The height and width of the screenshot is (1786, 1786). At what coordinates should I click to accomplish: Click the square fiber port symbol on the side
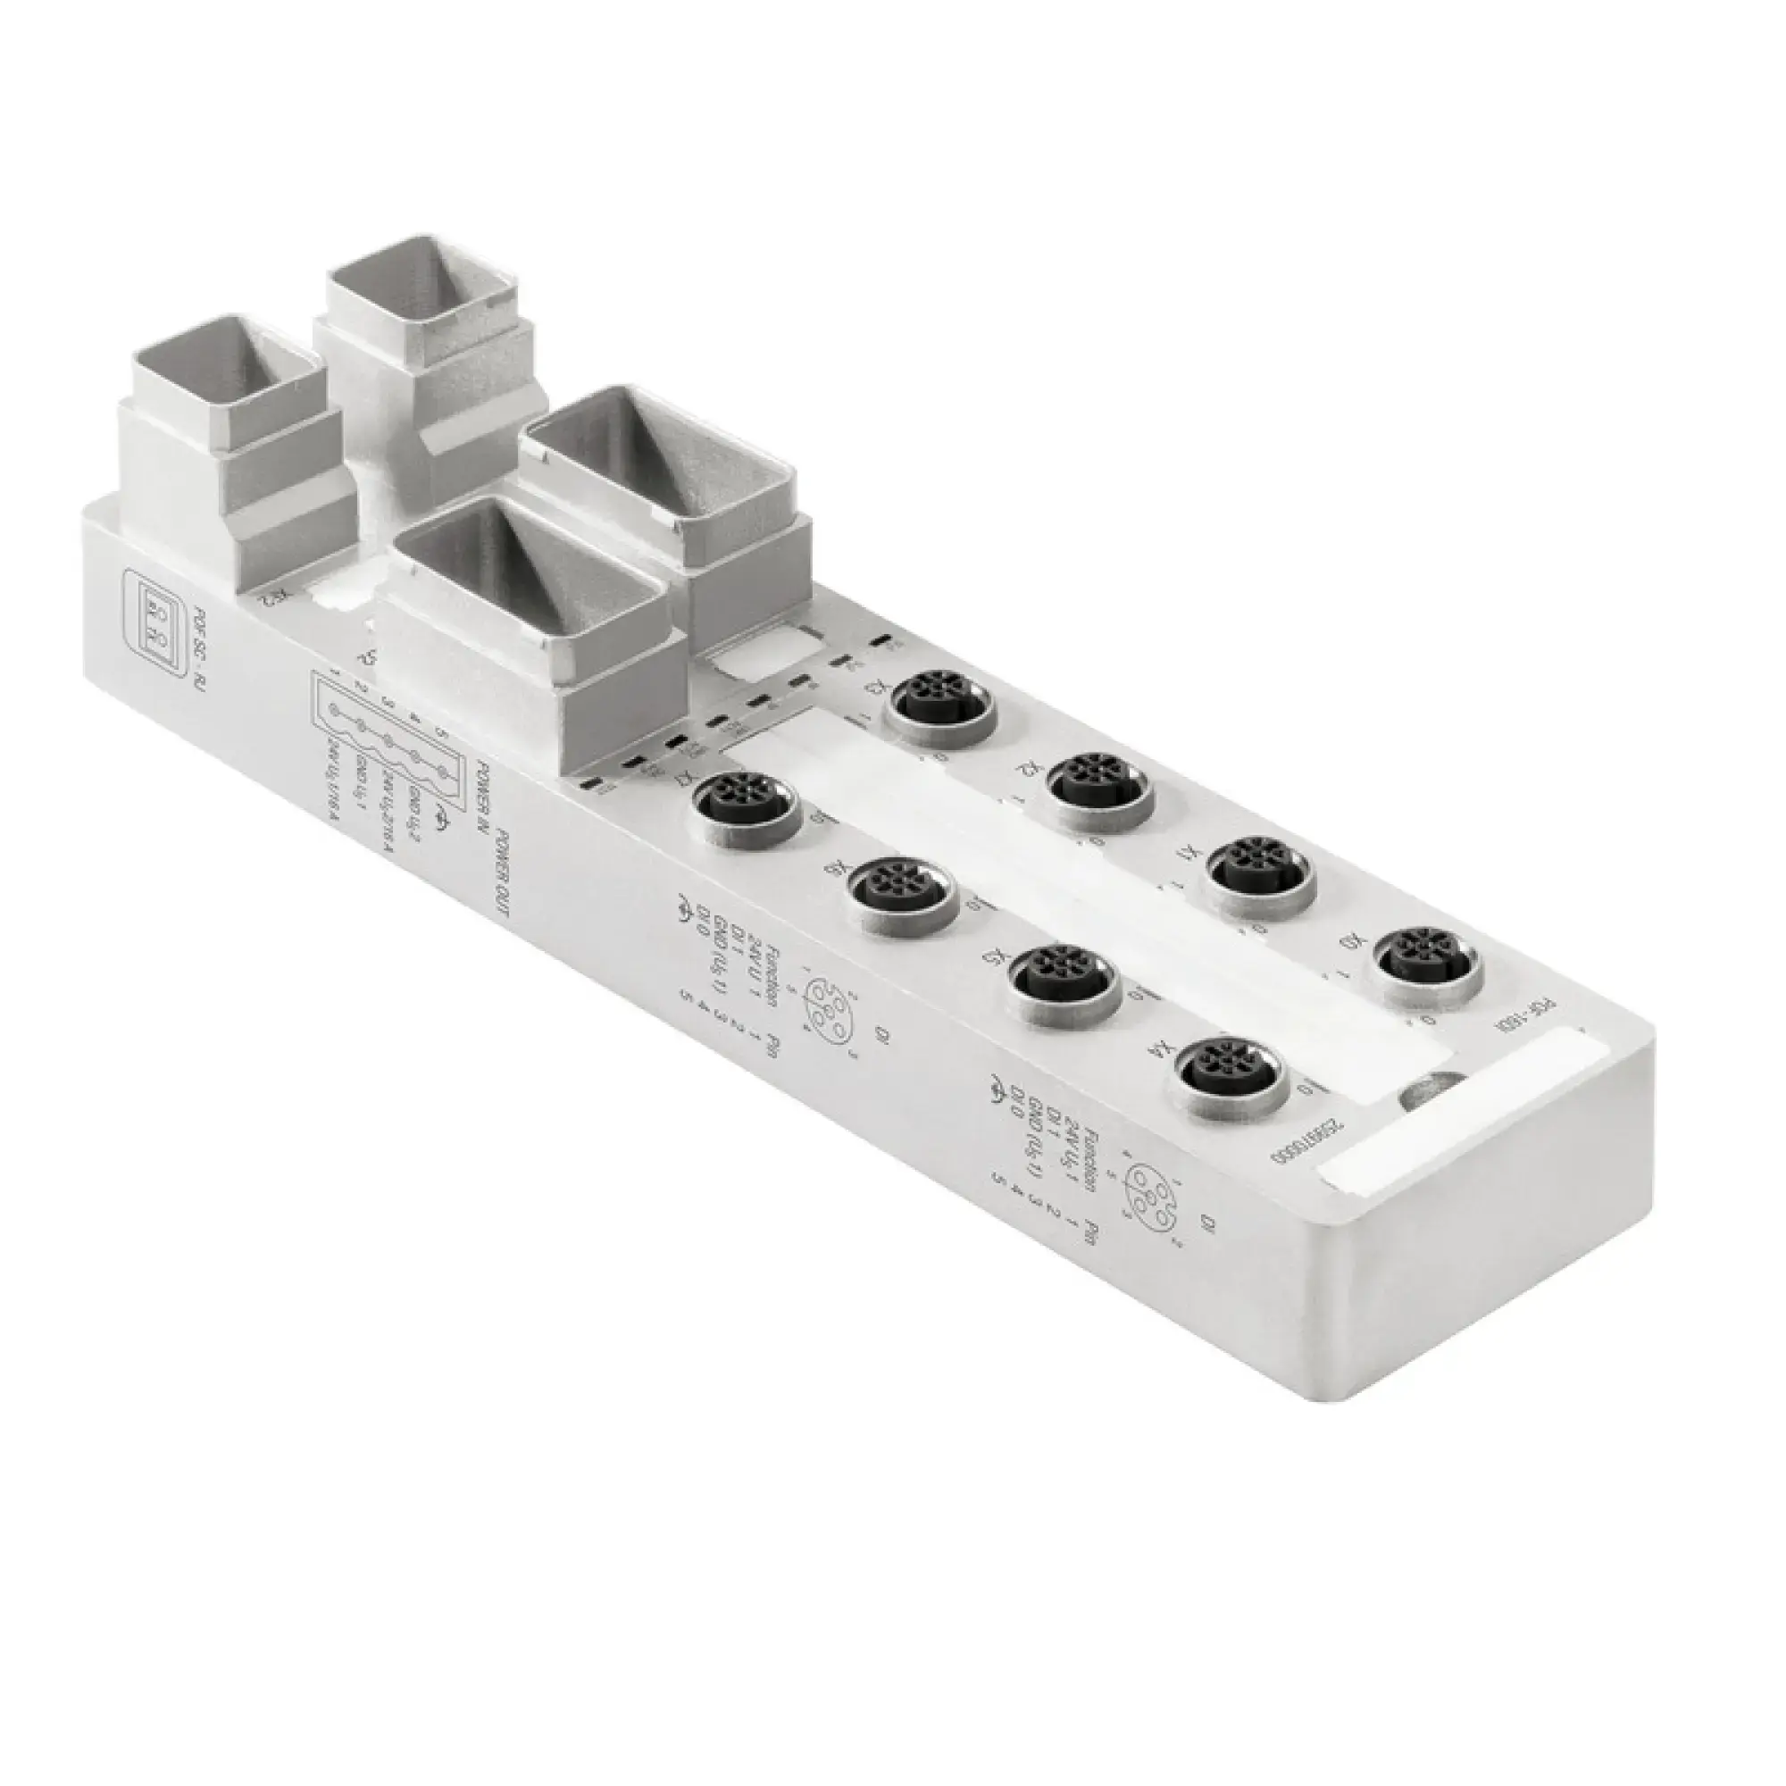[154, 613]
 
